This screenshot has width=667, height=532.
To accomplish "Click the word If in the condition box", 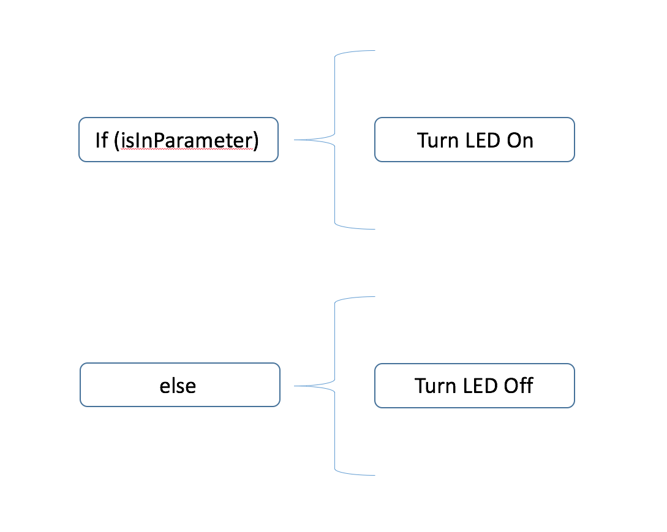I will point(101,140).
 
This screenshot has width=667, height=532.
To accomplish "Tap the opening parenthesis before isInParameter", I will point(116,141).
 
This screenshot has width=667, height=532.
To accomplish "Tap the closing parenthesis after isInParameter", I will point(255,141).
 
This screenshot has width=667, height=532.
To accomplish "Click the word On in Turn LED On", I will point(521,140).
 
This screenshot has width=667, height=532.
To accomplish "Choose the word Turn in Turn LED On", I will point(437,140).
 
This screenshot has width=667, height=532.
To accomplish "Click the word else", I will point(178,386).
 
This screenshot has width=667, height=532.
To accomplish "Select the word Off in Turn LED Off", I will point(519,386).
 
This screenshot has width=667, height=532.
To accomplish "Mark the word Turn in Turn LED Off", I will point(435,386).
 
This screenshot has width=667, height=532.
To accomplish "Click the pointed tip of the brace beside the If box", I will point(295,140).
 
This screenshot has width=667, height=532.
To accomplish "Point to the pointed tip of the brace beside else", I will point(295,386).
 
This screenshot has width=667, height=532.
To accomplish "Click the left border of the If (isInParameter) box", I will point(79,140).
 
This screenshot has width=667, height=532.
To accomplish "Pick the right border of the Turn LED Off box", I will point(575,386).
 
